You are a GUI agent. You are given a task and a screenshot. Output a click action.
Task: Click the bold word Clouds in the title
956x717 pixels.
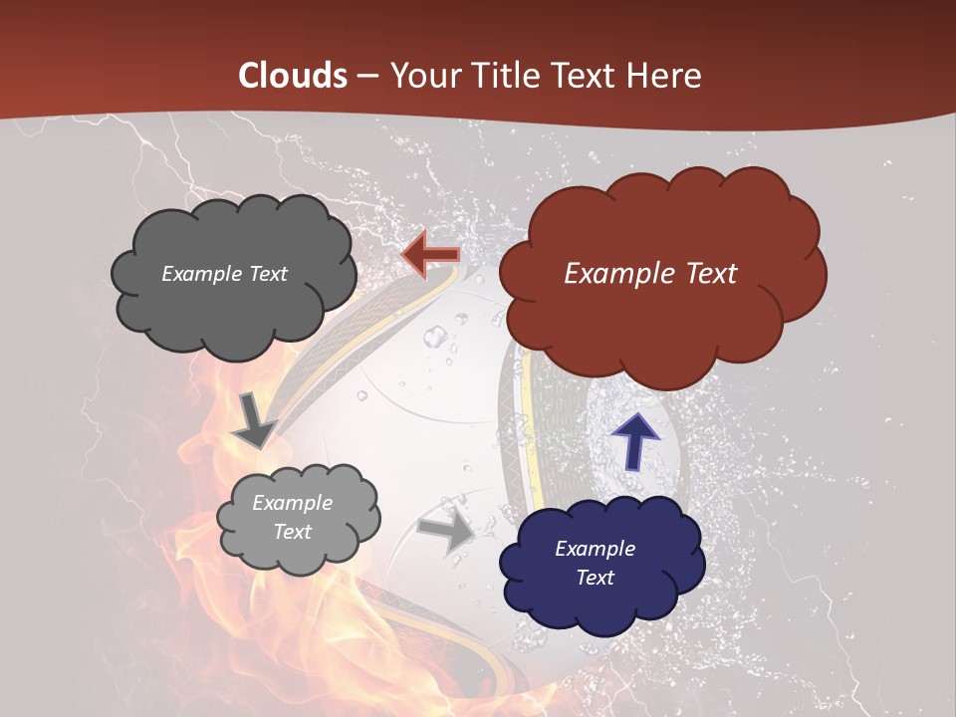tap(294, 76)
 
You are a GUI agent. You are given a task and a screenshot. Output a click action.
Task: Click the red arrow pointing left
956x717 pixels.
tap(429, 255)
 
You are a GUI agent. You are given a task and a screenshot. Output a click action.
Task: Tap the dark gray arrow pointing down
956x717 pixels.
tap(254, 420)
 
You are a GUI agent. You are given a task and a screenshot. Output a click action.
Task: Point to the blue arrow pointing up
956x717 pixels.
tap(635, 440)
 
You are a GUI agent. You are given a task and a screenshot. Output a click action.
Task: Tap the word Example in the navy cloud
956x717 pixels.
tap(595, 549)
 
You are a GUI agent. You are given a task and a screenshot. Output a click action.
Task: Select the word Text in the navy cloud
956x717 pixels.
tap(595, 578)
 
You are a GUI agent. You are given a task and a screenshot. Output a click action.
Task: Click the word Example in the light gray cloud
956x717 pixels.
tap(292, 503)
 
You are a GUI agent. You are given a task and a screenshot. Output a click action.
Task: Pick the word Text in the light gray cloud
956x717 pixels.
tap(292, 532)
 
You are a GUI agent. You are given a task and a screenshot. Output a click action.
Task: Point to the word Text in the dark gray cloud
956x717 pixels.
tap(267, 274)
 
